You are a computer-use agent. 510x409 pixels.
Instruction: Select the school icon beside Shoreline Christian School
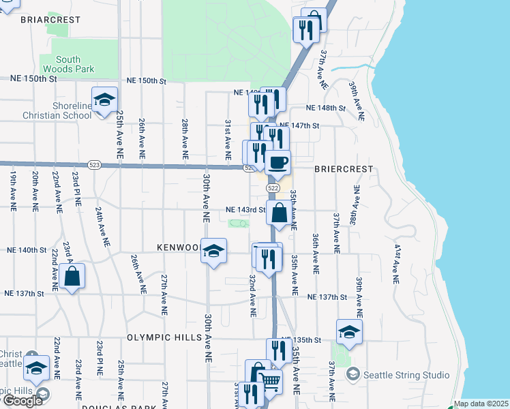pyautogui.click(x=104, y=100)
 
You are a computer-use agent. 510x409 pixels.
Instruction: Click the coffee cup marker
pyautogui.click(x=277, y=163)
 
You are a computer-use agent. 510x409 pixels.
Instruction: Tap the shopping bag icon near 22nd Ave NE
pyautogui.click(x=72, y=276)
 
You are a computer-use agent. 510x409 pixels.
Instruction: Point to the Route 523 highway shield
pyautogui.click(x=95, y=166)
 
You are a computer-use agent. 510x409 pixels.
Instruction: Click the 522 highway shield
pyautogui.click(x=273, y=188)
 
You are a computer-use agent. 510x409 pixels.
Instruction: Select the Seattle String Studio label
pyautogui.click(x=406, y=375)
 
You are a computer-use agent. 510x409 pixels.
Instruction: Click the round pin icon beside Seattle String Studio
pyautogui.click(x=352, y=374)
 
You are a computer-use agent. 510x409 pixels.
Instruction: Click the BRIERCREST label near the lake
pyautogui.click(x=344, y=169)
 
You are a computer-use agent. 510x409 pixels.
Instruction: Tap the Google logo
pyautogui.click(x=22, y=401)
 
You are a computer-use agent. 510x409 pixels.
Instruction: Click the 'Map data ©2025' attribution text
pyautogui.click(x=481, y=404)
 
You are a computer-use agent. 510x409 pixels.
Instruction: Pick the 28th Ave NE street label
pyautogui.click(x=185, y=140)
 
